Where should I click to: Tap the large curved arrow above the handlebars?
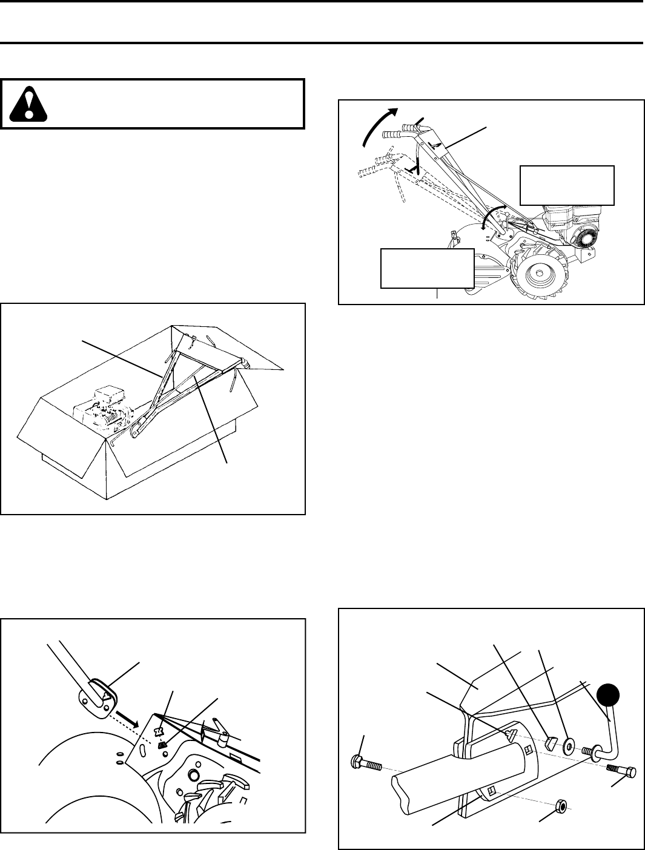click(379, 124)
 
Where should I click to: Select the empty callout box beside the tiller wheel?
click(426, 267)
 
